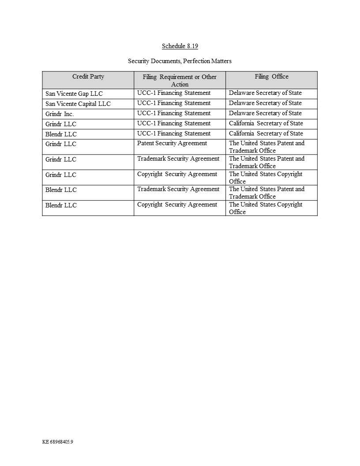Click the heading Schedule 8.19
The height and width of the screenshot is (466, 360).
click(180, 46)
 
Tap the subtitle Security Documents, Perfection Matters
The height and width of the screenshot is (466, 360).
click(180, 61)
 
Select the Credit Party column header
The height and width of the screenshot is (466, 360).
click(88, 77)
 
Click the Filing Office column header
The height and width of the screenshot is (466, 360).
click(271, 77)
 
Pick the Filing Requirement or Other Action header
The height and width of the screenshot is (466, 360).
click(180, 80)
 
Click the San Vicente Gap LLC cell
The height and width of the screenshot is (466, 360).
click(74, 94)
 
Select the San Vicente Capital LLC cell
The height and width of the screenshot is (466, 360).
click(78, 104)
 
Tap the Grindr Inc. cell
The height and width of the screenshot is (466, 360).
click(60, 114)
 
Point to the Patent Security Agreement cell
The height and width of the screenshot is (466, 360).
click(172, 143)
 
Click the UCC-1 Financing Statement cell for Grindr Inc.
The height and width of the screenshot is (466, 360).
click(174, 113)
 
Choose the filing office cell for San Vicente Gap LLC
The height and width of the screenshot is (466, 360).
click(265, 93)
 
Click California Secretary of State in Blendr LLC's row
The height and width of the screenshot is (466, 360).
click(266, 134)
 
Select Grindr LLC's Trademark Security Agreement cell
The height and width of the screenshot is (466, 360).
click(178, 159)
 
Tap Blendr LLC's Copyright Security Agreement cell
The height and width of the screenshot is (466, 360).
click(177, 205)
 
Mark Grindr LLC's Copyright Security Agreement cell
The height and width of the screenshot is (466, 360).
click(177, 174)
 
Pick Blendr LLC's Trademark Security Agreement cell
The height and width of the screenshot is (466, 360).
click(178, 189)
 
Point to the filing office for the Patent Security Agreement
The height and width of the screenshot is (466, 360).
click(266, 147)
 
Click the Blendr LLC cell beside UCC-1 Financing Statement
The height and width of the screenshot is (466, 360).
click(61, 134)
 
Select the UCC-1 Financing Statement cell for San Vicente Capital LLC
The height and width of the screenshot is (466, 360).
click(174, 103)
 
